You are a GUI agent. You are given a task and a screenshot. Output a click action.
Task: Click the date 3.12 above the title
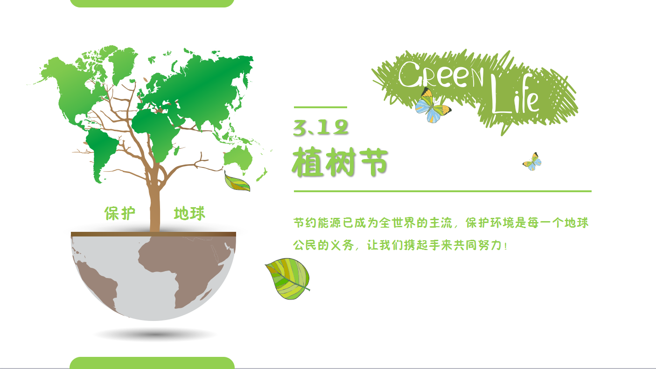pyautogui.click(x=321, y=127)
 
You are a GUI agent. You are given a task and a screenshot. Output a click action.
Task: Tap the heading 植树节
pyautogui.click(x=340, y=162)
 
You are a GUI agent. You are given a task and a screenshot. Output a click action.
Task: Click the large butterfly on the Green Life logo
pyautogui.click(x=432, y=106)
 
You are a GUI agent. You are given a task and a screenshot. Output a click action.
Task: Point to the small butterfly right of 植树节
pyautogui.click(x=532, y=161)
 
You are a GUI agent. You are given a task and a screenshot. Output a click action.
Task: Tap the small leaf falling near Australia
pyautogui.click(x=237, y=182)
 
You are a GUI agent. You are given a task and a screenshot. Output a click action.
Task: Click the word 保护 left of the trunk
pyautogui.click(x=120, y=214)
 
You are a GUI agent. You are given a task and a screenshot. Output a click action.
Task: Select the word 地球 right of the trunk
pyautogui.click(x=189, y=214)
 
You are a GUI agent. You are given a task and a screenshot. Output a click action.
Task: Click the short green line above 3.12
pyautogui.click(x=320, y=107)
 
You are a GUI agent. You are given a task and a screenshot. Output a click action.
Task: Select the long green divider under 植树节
pyautogui.click(x=442, y=191)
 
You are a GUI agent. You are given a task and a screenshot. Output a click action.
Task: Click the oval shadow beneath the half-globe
pyautogui.click(x=155, y=334)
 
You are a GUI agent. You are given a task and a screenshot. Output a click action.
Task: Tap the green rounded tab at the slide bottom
pyautogui.click(x=152, y=362)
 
